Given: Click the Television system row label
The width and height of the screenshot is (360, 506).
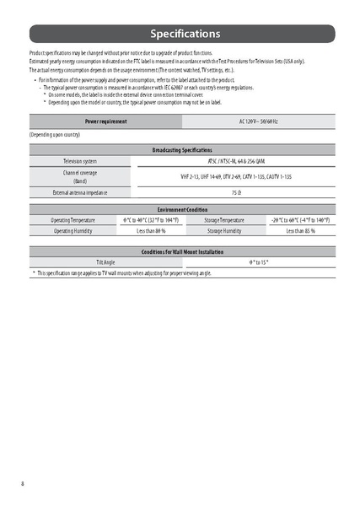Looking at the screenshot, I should coord(80,160).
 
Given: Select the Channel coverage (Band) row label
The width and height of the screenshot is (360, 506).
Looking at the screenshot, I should coord(80,176).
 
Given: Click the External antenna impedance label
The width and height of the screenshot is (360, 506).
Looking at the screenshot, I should coord(80,192).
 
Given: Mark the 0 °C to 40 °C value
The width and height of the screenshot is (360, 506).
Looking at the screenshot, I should coord(150,219).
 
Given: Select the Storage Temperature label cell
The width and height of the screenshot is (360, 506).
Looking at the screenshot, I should coord(224,219).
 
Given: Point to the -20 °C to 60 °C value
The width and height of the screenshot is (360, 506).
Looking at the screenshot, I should coord(300,219).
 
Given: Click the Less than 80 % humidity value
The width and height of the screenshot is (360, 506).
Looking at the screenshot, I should coord(150,230).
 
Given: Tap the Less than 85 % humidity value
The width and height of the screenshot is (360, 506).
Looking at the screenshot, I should coord(300,230).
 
